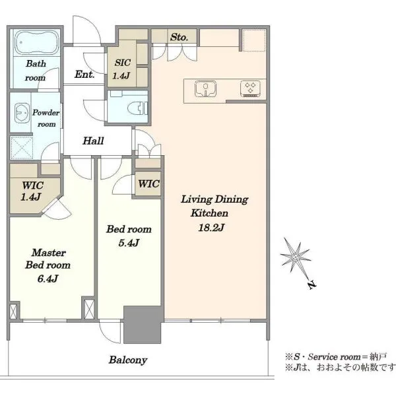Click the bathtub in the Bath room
[x=37, y=42]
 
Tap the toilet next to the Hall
[x=138, y=109]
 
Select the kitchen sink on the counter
[x=205, y=88]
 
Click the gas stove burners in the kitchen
[x=251, y=88]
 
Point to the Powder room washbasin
[x=22, y=113]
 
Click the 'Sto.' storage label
[x=179, y=38]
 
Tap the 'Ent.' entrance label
[x=84, y=74]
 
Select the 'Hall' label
[x=93, y=141]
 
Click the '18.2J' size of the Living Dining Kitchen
[x=211, y=228]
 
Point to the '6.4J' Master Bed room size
[x=48, y=279]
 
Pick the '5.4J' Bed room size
[x=129, y=243]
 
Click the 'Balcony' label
[x=128, y=360]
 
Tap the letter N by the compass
[x=312, y=284]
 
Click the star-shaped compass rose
[x=295, y=257]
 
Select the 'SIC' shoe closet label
[x=123, y=63]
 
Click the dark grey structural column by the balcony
[x=143, y=325]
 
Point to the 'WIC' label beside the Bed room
[x=148, y=183]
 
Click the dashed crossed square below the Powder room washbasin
[x=22, y=148]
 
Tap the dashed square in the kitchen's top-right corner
[x=254, y=40]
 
